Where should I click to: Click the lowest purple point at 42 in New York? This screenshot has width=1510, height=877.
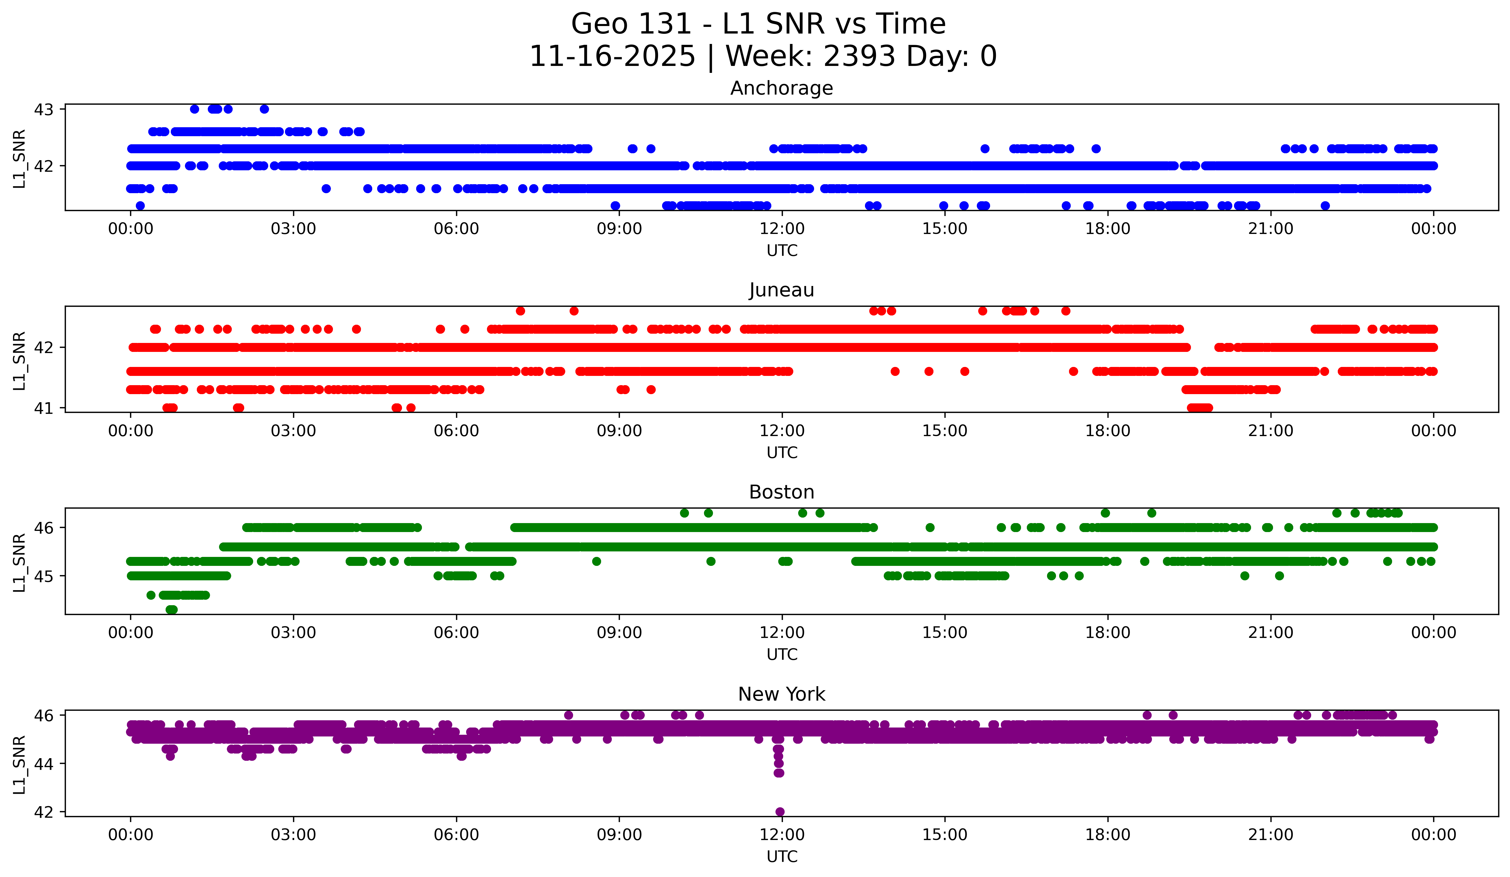[x=780, y=812]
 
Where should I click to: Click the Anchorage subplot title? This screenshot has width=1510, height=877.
[x=781, y=88]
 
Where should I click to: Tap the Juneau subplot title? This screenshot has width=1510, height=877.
[x=781, y=290]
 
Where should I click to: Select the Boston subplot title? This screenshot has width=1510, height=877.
[x=781, y=492]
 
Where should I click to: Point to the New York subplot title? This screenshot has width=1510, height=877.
[x=781, y=694]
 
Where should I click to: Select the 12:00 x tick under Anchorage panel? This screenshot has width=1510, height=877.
[x=782, y=229]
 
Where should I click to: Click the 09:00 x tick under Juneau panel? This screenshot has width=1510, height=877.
[x=619, y=431]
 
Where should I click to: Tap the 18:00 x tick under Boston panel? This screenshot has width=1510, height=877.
[x=1107, y=633]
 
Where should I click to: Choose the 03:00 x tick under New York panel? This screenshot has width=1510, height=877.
[x=294, y=835]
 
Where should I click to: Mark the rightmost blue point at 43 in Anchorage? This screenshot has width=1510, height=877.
[x=264, y=109]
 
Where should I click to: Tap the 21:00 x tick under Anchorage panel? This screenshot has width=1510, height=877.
[x=1270, y=229]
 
